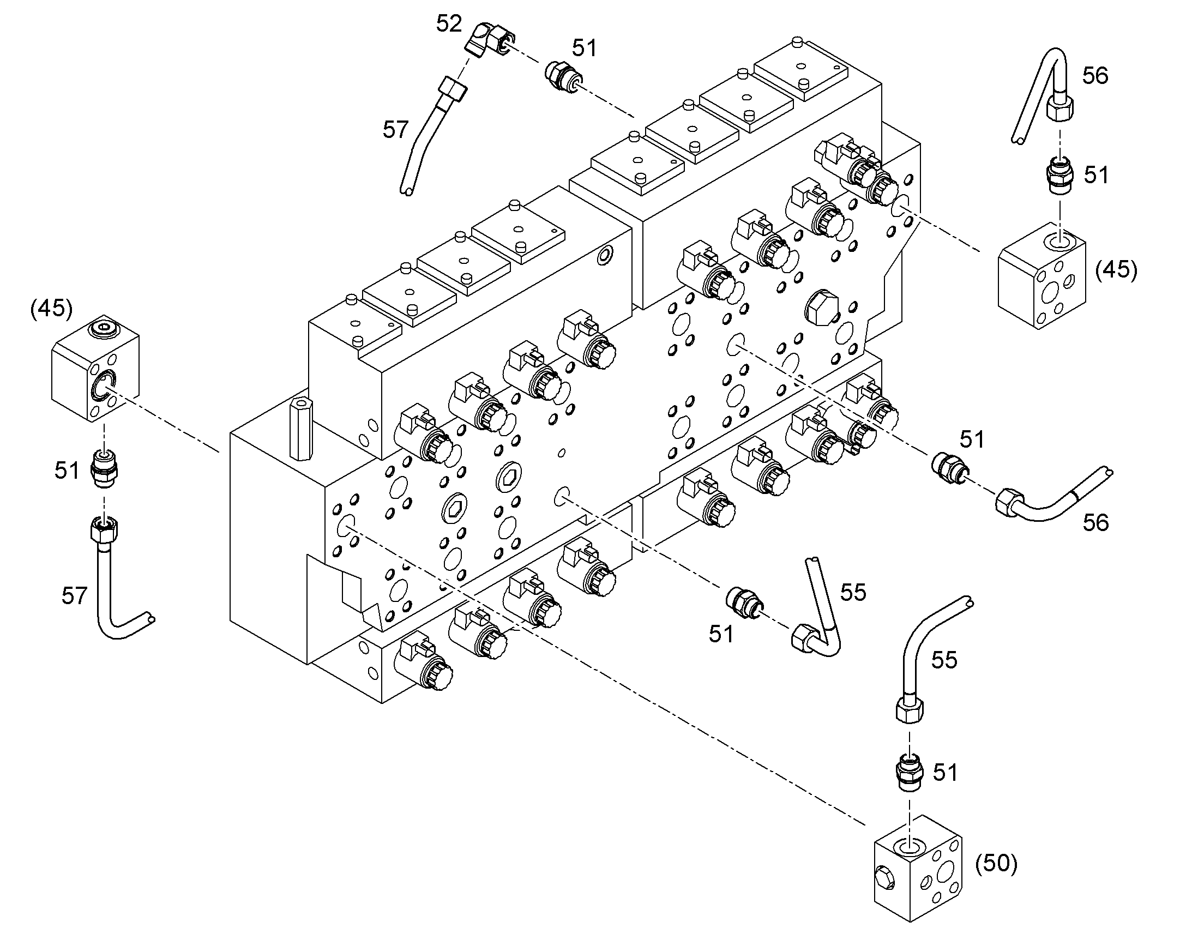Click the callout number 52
[x=449, y=24]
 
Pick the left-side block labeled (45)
[x=95, y=368]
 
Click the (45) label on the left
[x=51, y=309]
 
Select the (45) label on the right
[x=1116, y=269]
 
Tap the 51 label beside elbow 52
[x=585, y=48]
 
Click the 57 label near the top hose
[x=395, y=130]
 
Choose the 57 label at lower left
[x=74, y=595]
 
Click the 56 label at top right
[x=1095, y=76]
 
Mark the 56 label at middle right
[x=1096, y=523]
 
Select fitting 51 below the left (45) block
[x=104, y=469]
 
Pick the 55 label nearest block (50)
[x=944, y=660]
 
